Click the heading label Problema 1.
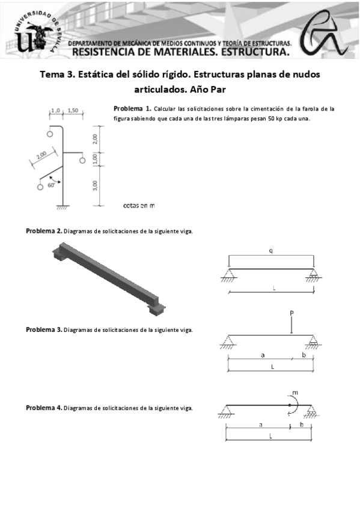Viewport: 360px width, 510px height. pos(132,108)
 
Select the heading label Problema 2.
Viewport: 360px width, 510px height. pos(44,232)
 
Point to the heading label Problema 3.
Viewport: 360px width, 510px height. pos(44,330)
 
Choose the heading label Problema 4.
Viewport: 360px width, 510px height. pos(44,408)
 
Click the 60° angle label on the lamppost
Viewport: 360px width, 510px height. pos(51,185)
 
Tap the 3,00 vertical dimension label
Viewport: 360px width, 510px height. pos(95,186)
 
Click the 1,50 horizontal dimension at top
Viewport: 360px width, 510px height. pos(73,111)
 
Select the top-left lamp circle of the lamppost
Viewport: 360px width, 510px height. pos(50,134)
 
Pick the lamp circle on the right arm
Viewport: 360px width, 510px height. pos(82,161)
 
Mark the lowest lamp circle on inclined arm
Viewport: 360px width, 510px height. pos(40,187)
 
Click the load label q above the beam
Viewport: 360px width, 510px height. pos(271,251)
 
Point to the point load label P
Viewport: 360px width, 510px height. pos(291,313)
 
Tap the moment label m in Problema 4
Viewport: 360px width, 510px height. pos(295,393)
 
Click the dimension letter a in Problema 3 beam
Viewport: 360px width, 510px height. pos(263,355)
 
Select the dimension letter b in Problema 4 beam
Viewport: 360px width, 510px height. pos(302,424)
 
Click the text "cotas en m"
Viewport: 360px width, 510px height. pos(139,206)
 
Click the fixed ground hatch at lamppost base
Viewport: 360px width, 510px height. pos(63,207)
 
